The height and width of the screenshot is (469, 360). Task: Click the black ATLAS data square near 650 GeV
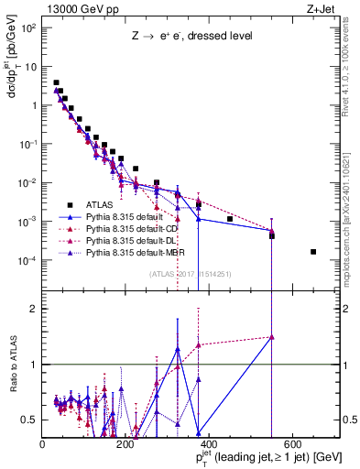tap(313, 252)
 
